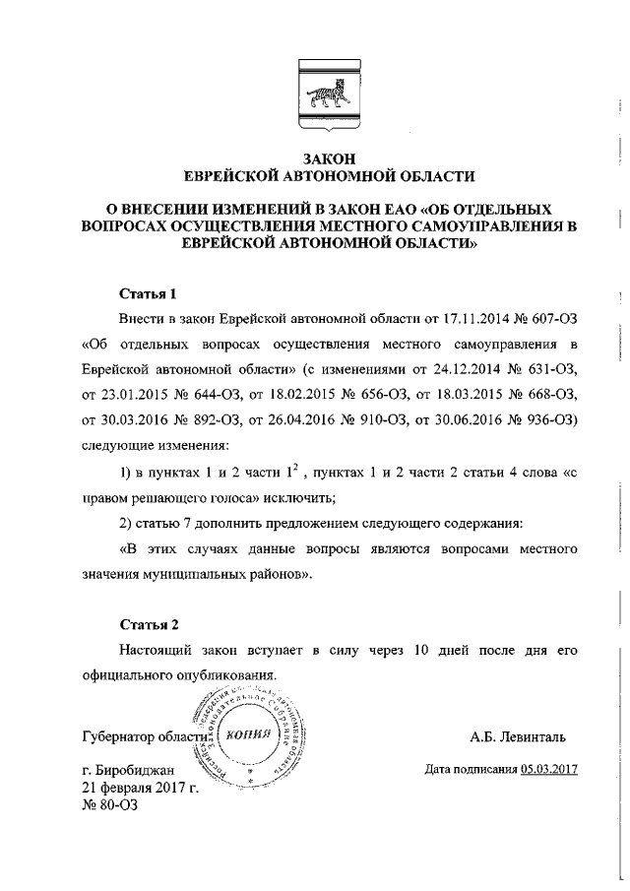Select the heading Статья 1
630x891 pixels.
pos(148,293)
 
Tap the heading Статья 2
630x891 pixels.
pos(148,624)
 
